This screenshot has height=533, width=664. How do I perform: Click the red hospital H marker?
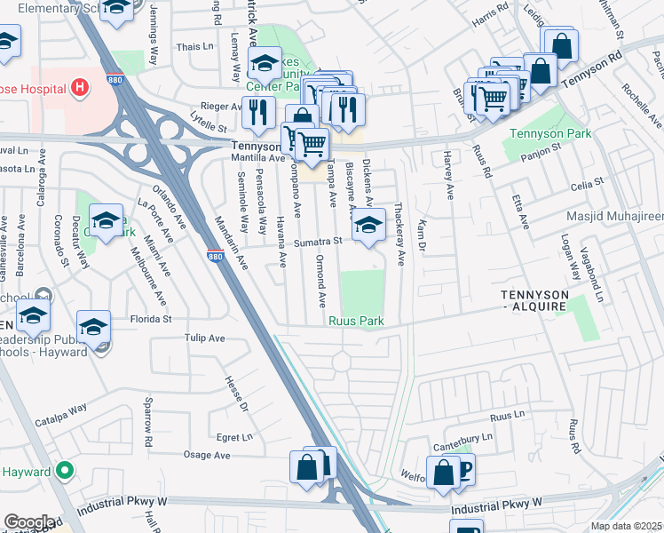pos(81,87)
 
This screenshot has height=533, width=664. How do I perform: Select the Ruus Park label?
pos(355,322)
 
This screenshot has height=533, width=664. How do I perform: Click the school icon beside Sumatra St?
pos(368,226)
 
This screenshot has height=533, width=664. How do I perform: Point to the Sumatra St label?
pos(320,240)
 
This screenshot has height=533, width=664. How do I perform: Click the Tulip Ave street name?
pos(205,338)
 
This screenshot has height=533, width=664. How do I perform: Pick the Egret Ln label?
pos(234,437)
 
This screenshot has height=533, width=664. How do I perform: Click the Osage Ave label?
pos(206,456)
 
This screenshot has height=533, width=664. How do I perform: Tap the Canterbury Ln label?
pos(462,437)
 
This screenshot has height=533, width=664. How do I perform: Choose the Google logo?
pos(29,522)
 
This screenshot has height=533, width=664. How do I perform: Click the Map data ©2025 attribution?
pos(626,526)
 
